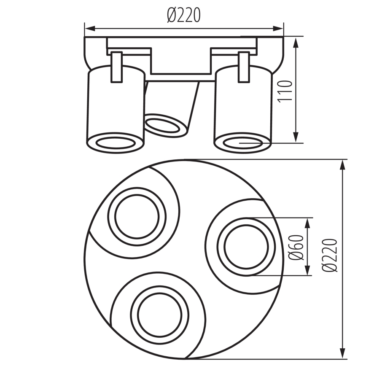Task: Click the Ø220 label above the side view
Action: coord(183,16)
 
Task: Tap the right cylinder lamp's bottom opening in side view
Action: coord(242,143)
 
